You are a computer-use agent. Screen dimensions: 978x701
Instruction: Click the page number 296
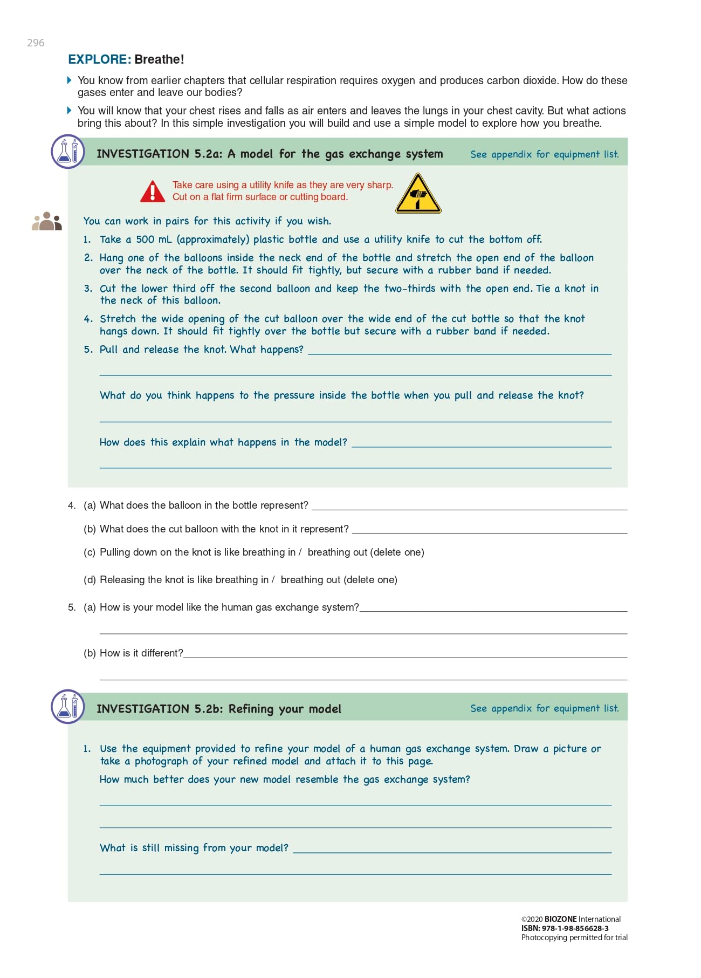point(36,43)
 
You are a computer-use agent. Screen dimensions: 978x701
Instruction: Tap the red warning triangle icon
point(153,192)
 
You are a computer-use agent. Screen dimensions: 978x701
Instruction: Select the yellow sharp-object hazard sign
point(418,194)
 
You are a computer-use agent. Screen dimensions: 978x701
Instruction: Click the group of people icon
point(47,221)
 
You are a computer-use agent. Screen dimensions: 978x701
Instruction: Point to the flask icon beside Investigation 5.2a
point(68,152)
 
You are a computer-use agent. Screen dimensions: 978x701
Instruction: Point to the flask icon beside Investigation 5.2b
point(68,706)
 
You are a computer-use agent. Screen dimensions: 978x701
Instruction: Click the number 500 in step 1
point(145,240)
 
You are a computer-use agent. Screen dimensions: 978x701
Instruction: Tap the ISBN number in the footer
point(575,928)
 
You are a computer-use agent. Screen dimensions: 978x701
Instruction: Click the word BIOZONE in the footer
point(560,919)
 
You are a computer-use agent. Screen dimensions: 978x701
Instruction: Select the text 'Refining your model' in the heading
point(285,709)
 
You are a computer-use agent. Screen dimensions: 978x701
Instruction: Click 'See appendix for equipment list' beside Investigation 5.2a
point(544,154)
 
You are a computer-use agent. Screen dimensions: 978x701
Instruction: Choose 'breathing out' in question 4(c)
point(338,552)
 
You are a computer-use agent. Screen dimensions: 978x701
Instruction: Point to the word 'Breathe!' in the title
point(160,59)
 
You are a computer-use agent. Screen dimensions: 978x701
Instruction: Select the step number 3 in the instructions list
point(88,289)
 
